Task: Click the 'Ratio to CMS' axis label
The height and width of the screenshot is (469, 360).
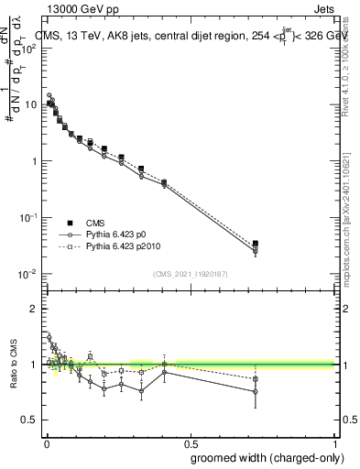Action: click(13, 365)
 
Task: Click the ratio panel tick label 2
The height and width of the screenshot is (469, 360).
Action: click(34, 309)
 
